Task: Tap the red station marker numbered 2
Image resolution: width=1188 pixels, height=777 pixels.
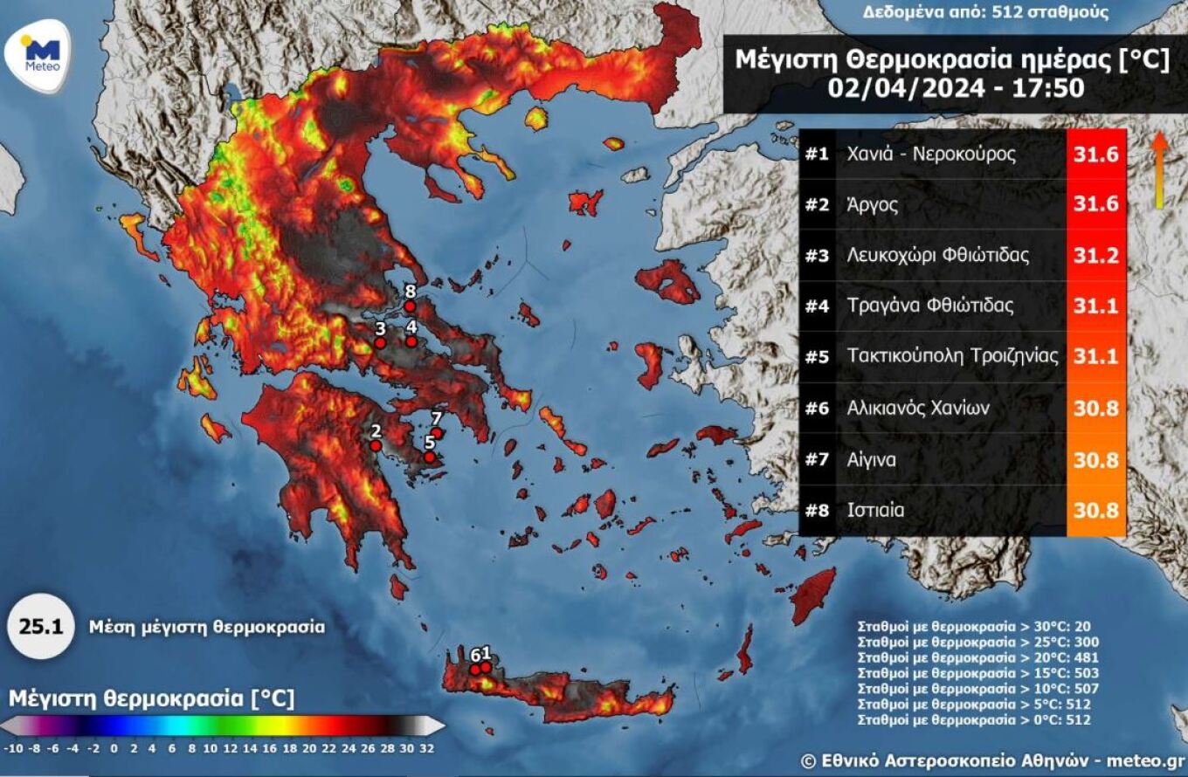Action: click(375, 445)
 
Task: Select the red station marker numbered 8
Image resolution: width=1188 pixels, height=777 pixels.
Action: click(409, 306)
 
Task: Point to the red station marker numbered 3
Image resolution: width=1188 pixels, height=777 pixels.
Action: click(380, 344)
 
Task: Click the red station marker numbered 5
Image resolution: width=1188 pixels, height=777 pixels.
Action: click(429, 456)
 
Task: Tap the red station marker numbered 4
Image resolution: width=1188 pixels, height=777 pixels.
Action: click(411, 341)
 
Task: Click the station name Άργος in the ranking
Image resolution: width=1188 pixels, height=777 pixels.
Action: click(872, 205)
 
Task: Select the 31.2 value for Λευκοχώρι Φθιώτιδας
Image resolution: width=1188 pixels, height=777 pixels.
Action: click(1096, 256)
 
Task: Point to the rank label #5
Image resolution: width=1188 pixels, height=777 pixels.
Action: click(816, 357)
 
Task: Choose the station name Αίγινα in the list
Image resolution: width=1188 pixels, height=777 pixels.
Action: click(871, 459)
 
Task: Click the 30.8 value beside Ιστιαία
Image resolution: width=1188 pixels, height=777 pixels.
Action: click(1096, 510)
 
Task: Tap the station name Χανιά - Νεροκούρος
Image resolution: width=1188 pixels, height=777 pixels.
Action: click(931, 155)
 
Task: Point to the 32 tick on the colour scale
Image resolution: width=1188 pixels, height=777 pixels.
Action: click(425, 748)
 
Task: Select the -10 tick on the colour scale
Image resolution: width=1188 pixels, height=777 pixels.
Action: click(13, 748)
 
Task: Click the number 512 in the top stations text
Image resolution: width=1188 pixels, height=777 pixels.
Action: click(1019, 12)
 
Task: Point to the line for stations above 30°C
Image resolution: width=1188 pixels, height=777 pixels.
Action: click(974, 626)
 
